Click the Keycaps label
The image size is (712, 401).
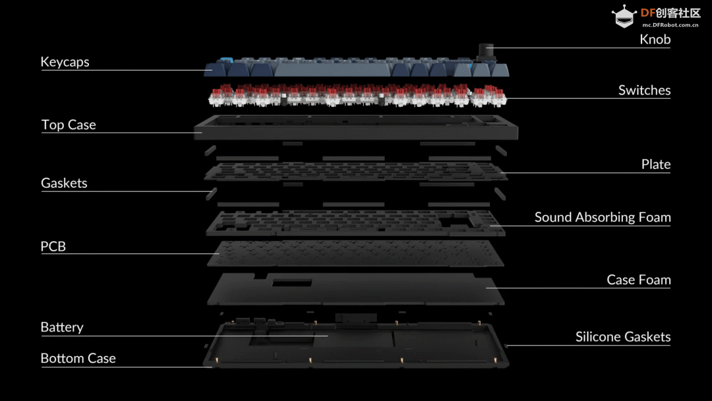65,62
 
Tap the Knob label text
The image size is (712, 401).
655,40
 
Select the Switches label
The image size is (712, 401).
644,90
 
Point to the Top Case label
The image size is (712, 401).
69,125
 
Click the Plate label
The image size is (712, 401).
656,164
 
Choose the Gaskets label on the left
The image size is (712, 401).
64,183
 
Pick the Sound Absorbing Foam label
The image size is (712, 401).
603,218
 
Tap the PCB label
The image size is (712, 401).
53,246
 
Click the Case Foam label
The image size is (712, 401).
638,280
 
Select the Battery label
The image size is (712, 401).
62,327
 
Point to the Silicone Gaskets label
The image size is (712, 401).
623,336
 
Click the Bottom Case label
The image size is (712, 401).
78,358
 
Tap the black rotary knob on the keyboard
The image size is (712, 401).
487,51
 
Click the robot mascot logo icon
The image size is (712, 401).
624,16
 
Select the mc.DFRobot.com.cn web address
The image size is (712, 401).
670,25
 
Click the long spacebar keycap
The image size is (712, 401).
332,69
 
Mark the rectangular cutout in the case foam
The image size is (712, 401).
292,283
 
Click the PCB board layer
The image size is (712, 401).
355,253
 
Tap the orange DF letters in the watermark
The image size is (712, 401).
648,13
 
